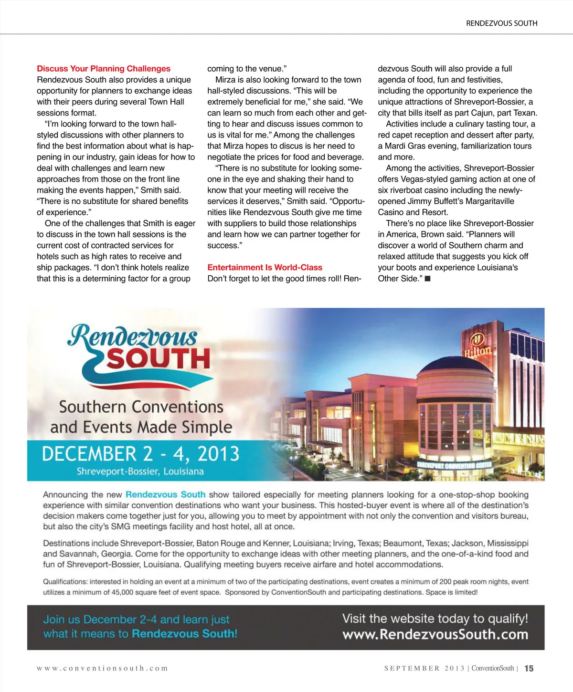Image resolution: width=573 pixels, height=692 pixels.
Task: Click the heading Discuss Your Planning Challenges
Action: tap(104, 69)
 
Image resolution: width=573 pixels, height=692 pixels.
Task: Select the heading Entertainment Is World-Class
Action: tap(265, 267)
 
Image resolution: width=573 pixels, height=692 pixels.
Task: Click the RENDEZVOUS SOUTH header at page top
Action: tap(501, 23)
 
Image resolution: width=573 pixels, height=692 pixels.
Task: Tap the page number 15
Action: tap(529, 669)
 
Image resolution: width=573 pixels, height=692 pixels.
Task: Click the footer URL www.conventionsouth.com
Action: tap(102, 669)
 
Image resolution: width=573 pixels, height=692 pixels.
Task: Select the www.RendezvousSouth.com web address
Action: tap(435, 635)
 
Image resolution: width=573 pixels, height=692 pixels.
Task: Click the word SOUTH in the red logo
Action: tap(158, 359)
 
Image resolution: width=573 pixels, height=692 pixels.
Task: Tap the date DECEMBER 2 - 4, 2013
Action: tap(140, 454)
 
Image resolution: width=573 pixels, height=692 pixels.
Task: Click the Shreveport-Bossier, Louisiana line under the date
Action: tap(140, 472)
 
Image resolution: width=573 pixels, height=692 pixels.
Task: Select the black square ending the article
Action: tap(428, 279)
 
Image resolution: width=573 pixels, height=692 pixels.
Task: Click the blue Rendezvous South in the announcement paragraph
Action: tap(165, 495)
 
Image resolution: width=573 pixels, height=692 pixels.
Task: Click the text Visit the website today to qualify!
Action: tap(435, 619)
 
